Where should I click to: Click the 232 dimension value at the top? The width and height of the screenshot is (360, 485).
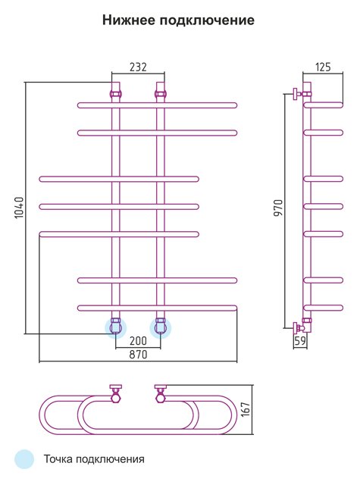click(138, 67)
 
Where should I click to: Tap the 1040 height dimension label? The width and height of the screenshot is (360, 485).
click(19, 207)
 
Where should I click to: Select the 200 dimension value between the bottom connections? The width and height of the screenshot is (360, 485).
click(138, 341)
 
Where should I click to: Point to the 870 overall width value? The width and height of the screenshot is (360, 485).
click(138, 354)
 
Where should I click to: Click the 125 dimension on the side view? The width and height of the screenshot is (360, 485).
click(323, 67)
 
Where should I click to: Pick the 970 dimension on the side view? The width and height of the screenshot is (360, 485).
click(279, 208)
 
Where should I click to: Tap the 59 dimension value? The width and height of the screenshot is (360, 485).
click(300, 340)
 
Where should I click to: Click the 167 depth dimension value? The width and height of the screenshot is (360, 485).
click(246, 409)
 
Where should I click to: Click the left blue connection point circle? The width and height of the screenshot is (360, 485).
click(116, 328)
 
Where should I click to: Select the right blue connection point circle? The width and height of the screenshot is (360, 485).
click(161, 328)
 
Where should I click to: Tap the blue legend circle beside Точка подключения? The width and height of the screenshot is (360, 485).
click(24, 459)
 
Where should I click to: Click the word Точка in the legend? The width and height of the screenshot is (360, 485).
click(58, 458)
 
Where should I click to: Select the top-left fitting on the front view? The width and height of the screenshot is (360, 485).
click(116, 94)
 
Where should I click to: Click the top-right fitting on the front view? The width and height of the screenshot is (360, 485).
click(161, 94)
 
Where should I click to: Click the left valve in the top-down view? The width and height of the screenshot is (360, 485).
click(116, 393)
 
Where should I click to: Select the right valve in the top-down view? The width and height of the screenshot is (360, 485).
click(161, 393)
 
